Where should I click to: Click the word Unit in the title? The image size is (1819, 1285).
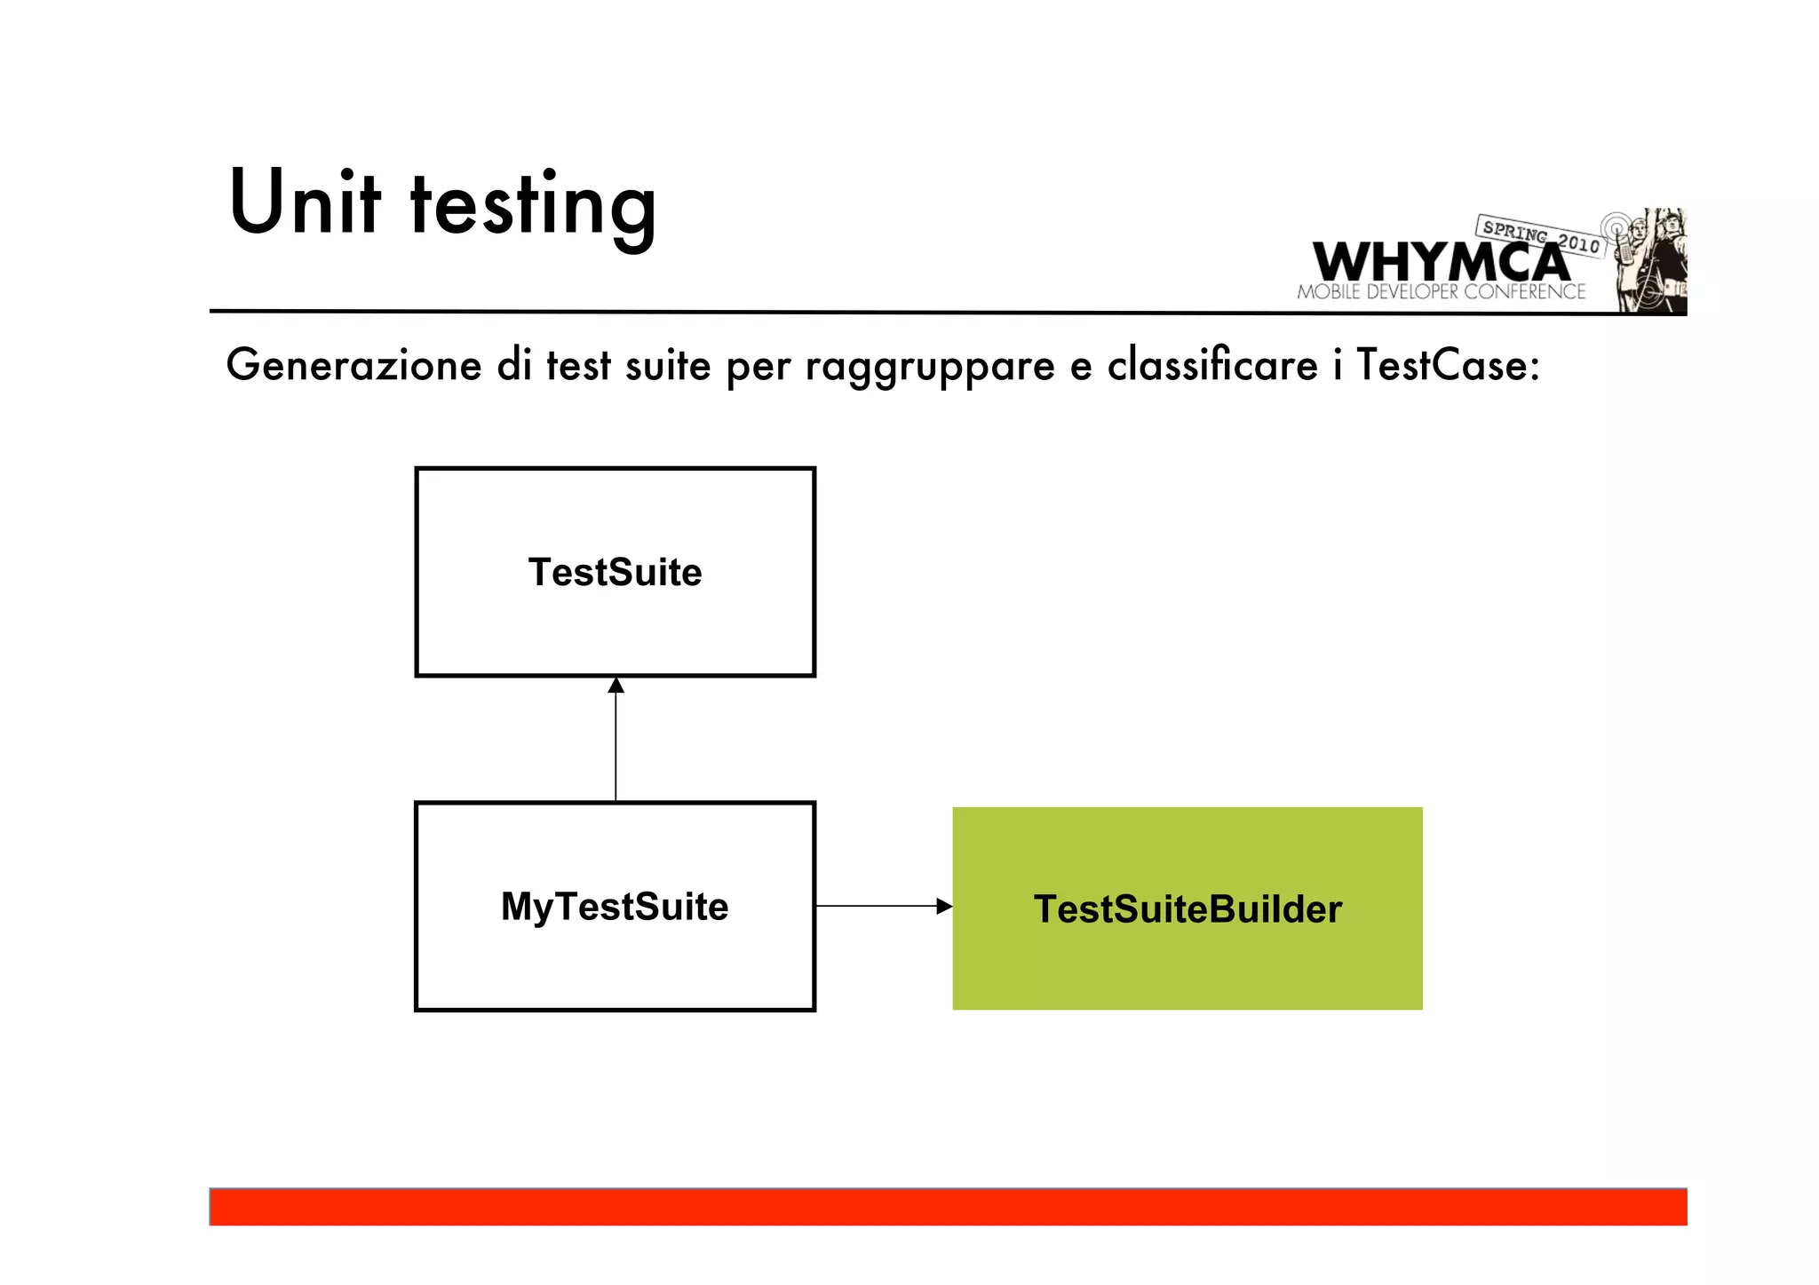tap(305, 203)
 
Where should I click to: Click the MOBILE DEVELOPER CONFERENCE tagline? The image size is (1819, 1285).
tap(1441, 292)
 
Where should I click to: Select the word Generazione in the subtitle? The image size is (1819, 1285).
tap(353, 366)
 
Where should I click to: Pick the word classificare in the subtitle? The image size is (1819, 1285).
tap(1212, 366)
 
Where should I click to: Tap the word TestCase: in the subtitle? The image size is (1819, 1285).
tap(1448, 366)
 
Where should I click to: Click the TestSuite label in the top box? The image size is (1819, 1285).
tap(615, 573)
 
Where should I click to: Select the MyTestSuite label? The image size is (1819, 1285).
tap(615, 908)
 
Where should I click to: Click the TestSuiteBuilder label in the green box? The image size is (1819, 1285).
tap(1188, 909)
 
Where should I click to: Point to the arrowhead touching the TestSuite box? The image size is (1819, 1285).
tap(616, 686)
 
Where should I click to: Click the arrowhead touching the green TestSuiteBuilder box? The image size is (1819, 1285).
tap(944, 907)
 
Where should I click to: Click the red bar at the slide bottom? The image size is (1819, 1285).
tap(948, 1208)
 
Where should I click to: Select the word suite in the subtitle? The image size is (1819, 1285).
tap(668, 366)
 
